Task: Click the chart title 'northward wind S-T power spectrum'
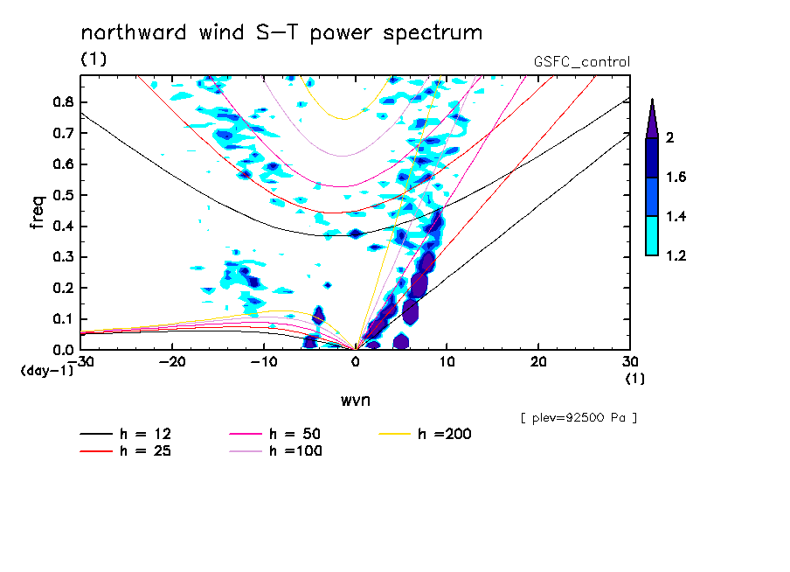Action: [281, 33]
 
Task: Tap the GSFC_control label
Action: [581, 62]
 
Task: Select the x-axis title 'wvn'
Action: [355, 400]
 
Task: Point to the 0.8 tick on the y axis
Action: [61, 101]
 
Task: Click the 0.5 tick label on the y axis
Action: [61, 195]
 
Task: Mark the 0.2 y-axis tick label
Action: [61, 289]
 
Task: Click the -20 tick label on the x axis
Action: [172, 361]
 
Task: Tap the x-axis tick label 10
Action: [447, 361]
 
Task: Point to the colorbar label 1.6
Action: [676, 178]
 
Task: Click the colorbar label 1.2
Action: [676, 255]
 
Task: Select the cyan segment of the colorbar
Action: [651, 235]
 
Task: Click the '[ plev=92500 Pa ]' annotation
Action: [579, 418]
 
